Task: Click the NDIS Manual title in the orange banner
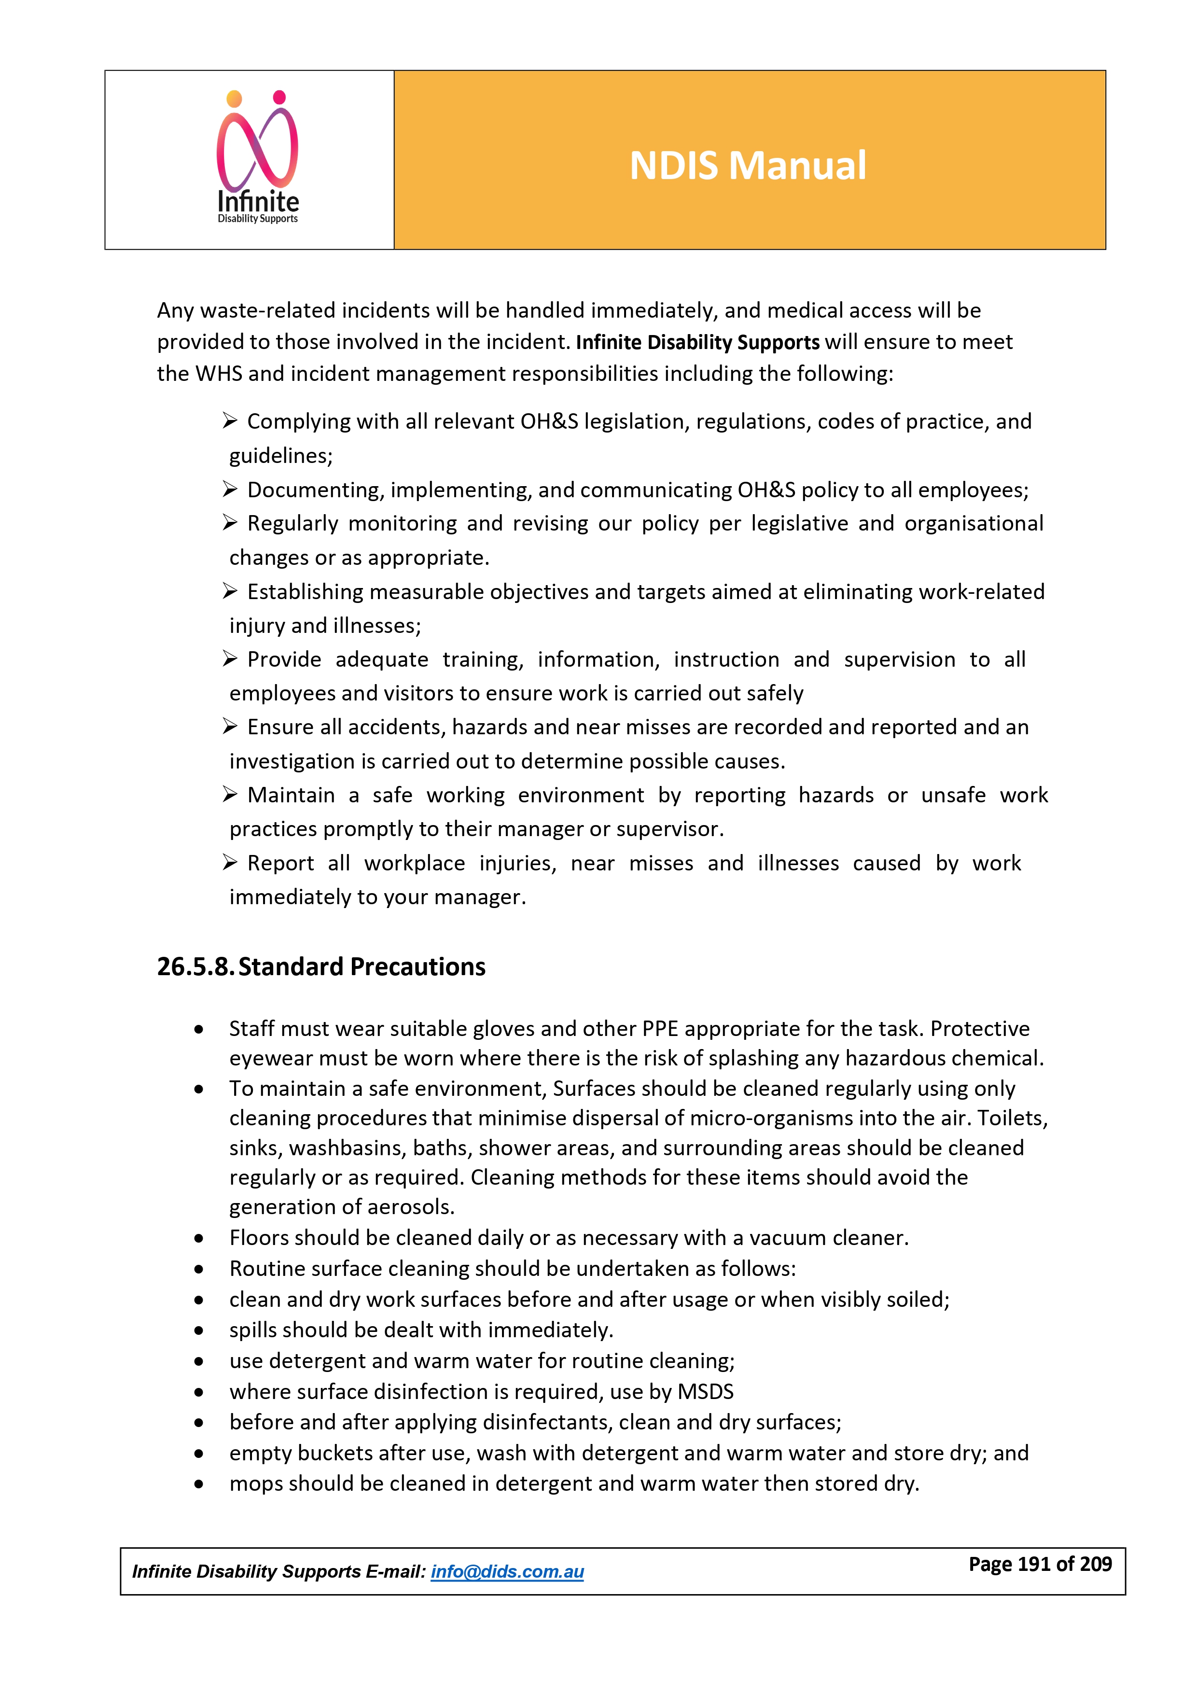(x=747, y=165)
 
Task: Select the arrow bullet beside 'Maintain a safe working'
(x=230, y=795)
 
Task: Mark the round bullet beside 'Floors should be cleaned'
(x=198, y=1239)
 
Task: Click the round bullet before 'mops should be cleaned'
(x=198, y=1484)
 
